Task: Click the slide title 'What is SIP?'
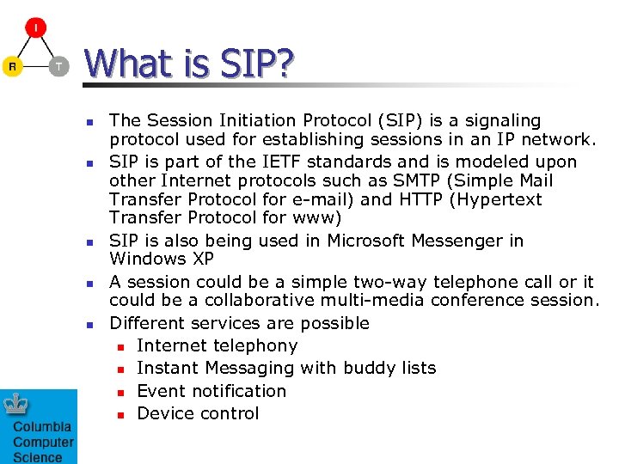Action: tap(189, 63)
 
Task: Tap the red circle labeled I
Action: tap(35, 28)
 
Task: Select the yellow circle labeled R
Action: tap(12, 66)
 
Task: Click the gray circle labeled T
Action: tap(58, 66)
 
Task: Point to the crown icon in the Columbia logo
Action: tap(17, 405)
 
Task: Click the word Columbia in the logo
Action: tap(42, 428)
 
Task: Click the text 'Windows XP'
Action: tap(162, 259)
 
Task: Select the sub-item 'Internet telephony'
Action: tap(217, 345)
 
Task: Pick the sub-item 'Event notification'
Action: tap(211, 390)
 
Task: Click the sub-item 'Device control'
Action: tap(198, 412)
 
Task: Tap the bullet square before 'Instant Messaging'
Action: tap(121, 369)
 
